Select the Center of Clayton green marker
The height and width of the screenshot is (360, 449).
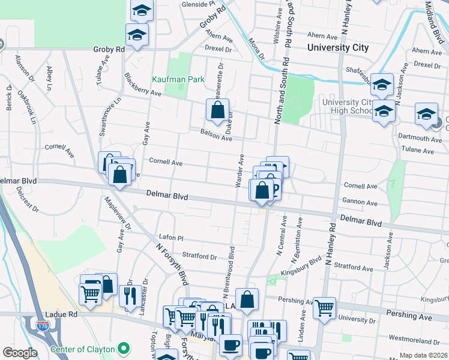coord(124,347)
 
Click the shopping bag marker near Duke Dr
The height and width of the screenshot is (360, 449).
coord(217,110)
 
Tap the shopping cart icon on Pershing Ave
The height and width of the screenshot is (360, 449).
coord(324,308)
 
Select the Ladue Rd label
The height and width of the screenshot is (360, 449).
coord(61,314)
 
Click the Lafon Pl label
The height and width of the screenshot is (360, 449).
coord(171,238)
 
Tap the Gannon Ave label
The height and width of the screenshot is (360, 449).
coord(359,202)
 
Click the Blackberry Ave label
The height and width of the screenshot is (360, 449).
coord(143,85)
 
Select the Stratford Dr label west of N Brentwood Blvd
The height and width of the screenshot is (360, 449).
coord(199,256)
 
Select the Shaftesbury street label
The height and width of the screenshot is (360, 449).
coord(363,71)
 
